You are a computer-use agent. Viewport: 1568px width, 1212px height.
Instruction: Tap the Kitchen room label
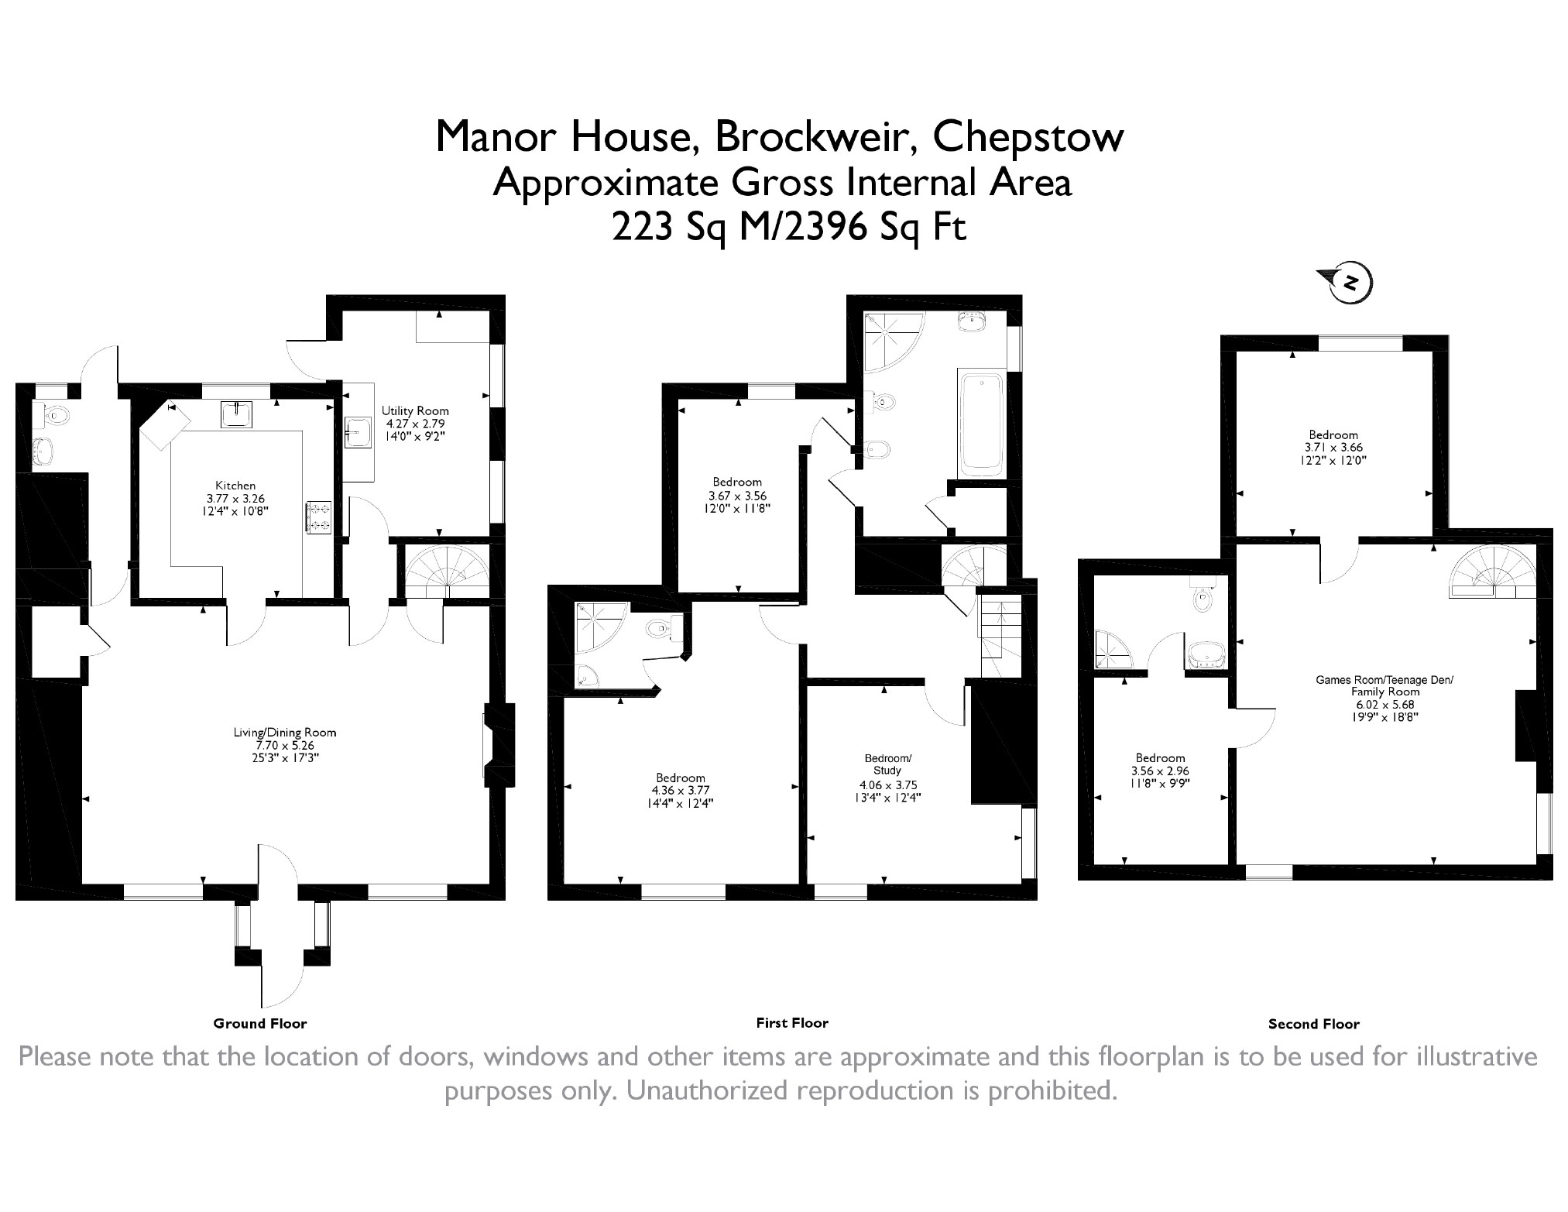click(x=235, y=486)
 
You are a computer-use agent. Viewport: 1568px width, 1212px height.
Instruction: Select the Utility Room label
click(x=415, y=410)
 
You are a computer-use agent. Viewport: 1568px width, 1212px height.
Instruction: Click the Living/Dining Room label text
click(x=285, y=732)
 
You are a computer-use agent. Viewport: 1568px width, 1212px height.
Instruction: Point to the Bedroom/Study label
click(x=887, y=764)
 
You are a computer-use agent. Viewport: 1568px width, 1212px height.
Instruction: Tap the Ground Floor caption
click(x=260, y=1023)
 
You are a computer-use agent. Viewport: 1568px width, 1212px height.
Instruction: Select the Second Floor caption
click(x=1314, y=1024)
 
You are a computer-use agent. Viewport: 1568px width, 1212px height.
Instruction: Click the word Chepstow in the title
click(x=1028, y=136)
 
